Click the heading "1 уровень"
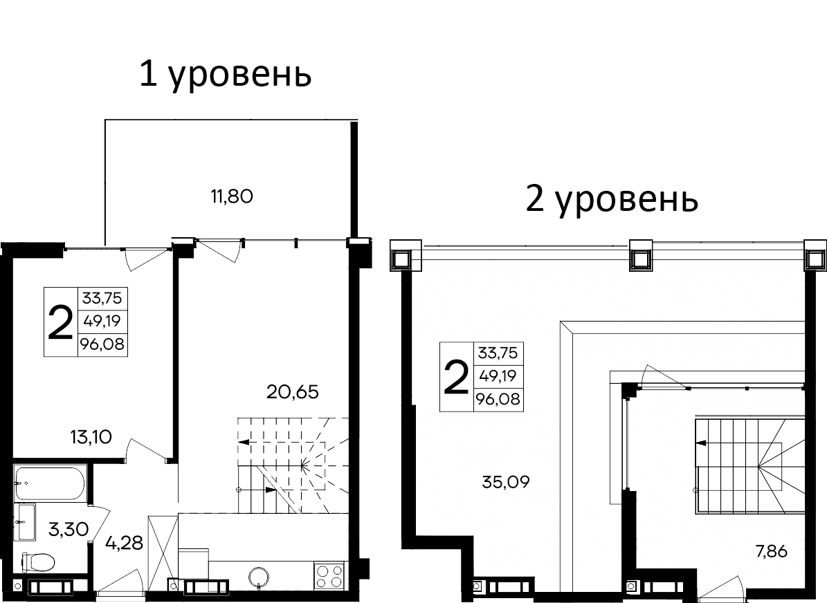pyautogui.click(x=225, y=75)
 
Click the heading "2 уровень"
pyautogui.click(x=612, y=200)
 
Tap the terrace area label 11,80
pyautogui.click(x=232, y=196)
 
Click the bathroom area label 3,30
pyautogui.click(x=69, y=530)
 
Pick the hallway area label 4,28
pyautogui.click(x=124, y=542)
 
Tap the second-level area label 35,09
pyautogui.click(x=505, y=481)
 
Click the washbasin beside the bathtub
pyautogui.click(x=26, y=522)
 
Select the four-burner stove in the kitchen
pyautogui.click(x=330, y=575)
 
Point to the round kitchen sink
pyautogui.click(x=260, y=576)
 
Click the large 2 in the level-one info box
pyautogui.click(x=61, y=322)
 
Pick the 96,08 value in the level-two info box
pyautogui.click(x=498, y=399)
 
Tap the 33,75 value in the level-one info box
pyautogui.click(x=102, y=299)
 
